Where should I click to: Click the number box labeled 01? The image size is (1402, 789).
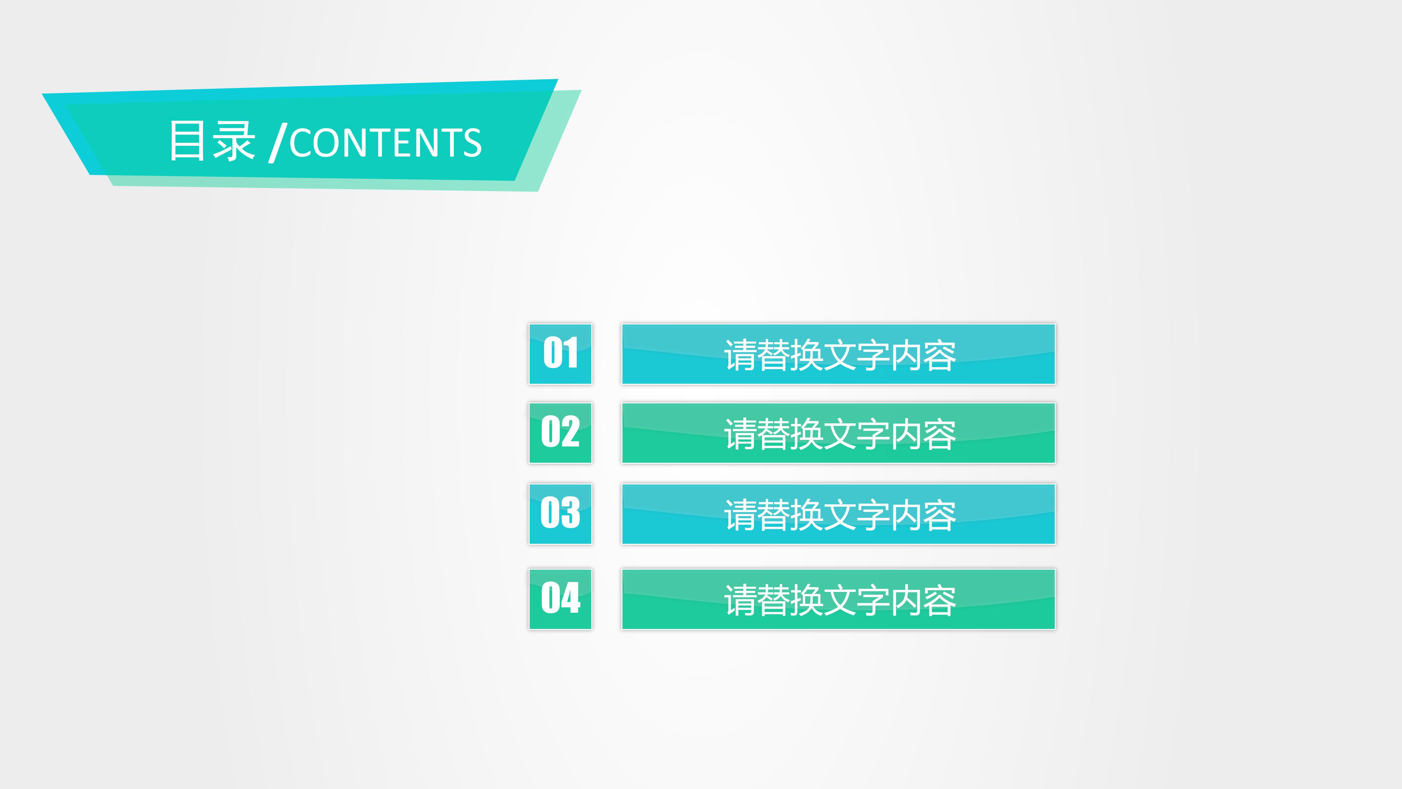tap(560, 354)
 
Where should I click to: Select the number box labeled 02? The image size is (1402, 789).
tap(560, 433)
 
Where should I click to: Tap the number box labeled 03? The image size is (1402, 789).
tap(560, 514)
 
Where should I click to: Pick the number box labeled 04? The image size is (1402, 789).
tap(560, 599)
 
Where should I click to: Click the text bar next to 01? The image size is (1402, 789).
tap(838, 354)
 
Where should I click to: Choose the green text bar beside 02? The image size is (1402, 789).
tap(838, 433)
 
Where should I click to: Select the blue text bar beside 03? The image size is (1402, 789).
tap(838, 514)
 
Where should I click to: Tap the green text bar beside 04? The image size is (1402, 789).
tap(838, 599)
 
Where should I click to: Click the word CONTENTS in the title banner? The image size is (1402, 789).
tap(385, 143)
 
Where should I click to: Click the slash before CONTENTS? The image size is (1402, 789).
tap(278, 143)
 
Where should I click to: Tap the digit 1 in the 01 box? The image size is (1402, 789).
tap(570, 353)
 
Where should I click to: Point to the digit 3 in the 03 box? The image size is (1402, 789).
tap(570, 512)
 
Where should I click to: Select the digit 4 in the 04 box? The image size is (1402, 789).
tap(571, 597)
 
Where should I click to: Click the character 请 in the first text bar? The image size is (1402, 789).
tap(740, 356)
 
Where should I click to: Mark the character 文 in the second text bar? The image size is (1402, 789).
tap(840, 435)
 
